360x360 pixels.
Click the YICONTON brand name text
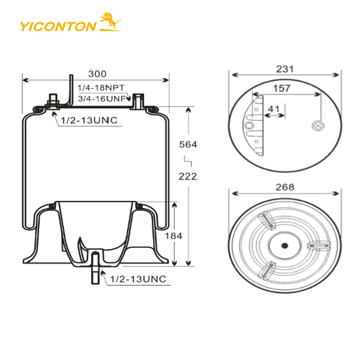(x=57, y=26)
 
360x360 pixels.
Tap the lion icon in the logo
(x=110, y=22)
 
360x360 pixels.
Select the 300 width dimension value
(x=97, y=73)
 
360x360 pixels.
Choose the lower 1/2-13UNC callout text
(x=138, y=279)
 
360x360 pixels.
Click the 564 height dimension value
(x=188, y=144)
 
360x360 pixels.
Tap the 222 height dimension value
(x=188, y=176)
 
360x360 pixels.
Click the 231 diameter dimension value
(x=284, y=69)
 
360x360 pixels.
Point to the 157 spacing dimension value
(x=282, y=88)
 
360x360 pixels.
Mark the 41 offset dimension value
(x=274, y=108)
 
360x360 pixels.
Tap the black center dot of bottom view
(x=284, y=246)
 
